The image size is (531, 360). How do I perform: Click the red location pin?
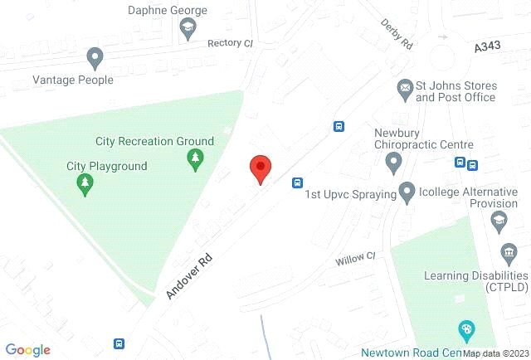261,169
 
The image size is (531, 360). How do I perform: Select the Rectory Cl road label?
229,43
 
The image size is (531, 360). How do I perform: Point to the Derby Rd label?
397,35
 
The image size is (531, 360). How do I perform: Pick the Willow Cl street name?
355,260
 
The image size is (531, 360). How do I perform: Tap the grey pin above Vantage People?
95,58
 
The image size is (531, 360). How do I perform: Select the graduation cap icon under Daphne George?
188,30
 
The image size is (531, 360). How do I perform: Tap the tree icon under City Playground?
84,184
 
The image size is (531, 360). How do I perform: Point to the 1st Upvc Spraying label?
349,194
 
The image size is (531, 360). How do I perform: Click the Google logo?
27,350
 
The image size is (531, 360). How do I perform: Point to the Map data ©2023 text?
494,353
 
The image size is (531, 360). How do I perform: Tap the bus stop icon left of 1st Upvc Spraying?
297,182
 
